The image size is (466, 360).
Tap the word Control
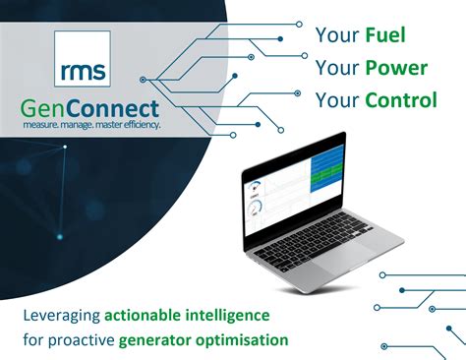coord(399,100)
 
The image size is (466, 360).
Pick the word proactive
coord(82,339)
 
